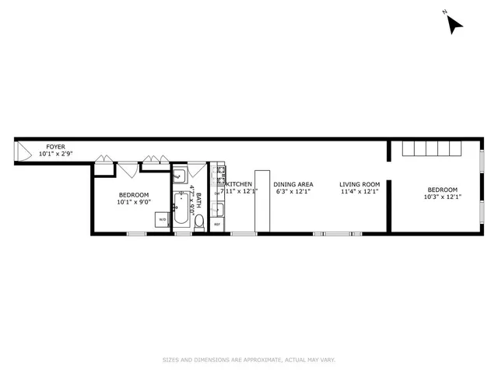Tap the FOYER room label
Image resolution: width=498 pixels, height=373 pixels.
[x=55, y=146]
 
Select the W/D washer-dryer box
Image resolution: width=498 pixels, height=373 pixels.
[x=163, y=220]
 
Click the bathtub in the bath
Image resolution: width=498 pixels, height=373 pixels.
[x=181, y=207]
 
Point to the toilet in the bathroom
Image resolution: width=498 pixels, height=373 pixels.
[x=199, y=224]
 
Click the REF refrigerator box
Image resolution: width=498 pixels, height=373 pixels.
[x=217, y=225]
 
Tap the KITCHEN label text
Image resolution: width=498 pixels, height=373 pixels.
[x=239, y=184]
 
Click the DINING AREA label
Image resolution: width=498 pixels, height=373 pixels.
[x=293, y=184]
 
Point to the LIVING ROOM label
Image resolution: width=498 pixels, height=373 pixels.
[x=359, y=184]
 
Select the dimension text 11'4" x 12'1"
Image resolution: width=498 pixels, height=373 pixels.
[x=359, y=192]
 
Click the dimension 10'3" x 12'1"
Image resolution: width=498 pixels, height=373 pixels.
[x=442, y=197]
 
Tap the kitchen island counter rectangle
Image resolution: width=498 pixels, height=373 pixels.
[x=261, y=200]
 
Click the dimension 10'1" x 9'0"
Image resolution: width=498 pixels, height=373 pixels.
[x=134, y=202]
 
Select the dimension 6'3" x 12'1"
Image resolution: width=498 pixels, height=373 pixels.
[x=293, y=192]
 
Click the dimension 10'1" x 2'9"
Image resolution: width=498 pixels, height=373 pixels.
[x=55, y=154]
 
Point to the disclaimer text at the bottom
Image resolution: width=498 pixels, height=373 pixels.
[x=248, y=360]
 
